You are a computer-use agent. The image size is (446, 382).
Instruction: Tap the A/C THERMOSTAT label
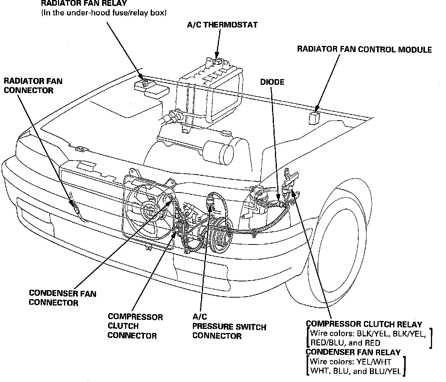(x=222, y=25)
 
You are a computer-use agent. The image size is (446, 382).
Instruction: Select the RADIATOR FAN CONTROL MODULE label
(x=364, y=50)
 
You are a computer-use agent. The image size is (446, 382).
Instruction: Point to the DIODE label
(x=272, y=82)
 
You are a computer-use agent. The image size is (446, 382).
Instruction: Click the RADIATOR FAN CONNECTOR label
(x=33, y=86)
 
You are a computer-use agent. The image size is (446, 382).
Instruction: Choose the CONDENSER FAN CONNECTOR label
(x=63, y=298)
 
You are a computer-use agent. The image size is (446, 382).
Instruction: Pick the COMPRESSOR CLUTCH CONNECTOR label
(x=135, y=326)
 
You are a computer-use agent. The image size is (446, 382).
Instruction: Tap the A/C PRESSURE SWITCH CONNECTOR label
(x=229, y=326)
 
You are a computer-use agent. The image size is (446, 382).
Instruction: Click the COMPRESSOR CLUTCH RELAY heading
(x=364, y=324)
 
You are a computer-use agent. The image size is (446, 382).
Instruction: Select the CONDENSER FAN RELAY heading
(x=353, y=352)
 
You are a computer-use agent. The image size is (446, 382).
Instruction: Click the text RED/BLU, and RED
(x=345, y=343)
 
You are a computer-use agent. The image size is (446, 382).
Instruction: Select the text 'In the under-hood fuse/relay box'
(x=104, y=13)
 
